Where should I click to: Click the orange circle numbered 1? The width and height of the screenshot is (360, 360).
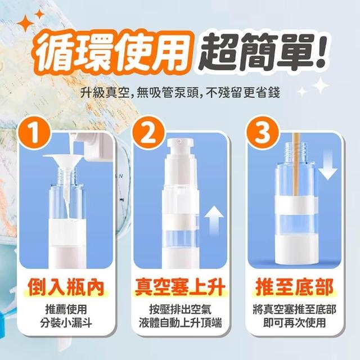(34, 133)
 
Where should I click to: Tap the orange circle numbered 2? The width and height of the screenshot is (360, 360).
(148, 133)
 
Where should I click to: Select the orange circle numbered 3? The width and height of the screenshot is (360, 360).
(263, 133)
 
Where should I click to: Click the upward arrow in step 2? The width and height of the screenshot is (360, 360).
(214, 220)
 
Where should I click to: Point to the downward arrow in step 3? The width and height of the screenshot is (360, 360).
(328, 164)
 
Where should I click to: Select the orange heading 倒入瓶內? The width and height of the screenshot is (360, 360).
(66, 287)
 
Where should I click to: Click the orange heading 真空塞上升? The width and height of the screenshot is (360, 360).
(180, 287)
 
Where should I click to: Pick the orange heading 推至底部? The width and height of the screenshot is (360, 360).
(295, 287)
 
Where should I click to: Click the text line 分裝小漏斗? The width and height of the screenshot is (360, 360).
(66, 323)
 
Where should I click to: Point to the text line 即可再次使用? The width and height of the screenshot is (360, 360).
(295, 323)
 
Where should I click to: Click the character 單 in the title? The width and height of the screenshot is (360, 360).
(290, 52)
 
